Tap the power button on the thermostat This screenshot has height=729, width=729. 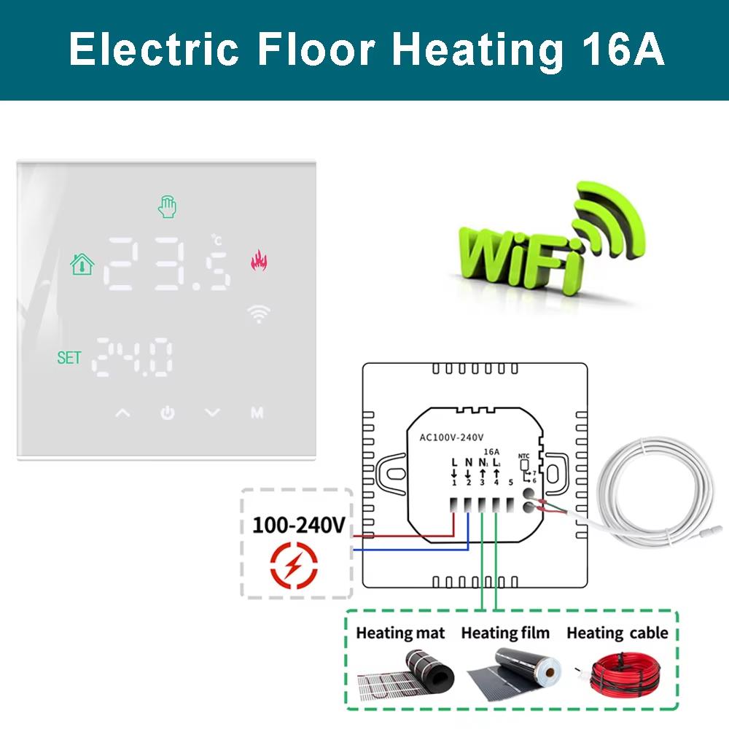point(168,413)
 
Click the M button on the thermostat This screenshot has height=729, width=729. point(257,413)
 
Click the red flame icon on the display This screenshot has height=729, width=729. point(259,260)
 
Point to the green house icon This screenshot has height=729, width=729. point(82,262)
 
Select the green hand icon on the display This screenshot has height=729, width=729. point(167,207)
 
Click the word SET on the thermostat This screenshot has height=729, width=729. point(69,358)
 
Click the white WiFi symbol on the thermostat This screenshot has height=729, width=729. point(258,313)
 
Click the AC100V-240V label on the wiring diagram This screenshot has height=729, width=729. point(452,437)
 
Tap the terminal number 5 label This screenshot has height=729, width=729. point(511,482)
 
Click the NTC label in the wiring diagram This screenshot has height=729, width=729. point(523,456)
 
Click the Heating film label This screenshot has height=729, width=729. point(505,632)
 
